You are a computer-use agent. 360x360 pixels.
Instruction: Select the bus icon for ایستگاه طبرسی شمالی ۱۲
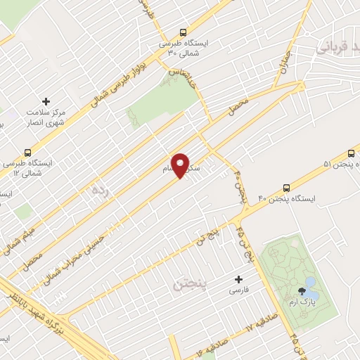[x=28, y=152]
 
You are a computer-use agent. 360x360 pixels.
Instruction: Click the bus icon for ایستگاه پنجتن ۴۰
[x=285, y=188]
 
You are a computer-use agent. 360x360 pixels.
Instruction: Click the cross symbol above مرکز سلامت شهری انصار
[x=46, y=102]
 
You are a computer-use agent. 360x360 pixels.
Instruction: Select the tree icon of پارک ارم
[x=303, y=290]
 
